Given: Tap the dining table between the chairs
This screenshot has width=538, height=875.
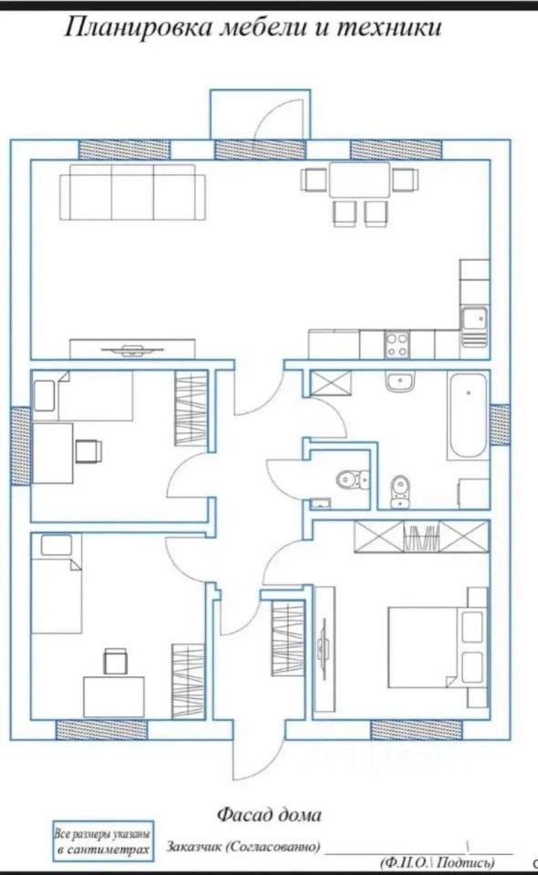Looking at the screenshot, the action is [359, 180].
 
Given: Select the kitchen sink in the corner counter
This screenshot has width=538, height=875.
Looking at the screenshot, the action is [474, 325].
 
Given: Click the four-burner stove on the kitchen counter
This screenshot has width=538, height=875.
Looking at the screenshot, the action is [397, 345].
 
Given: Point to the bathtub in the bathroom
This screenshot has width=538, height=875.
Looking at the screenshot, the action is [468, 417].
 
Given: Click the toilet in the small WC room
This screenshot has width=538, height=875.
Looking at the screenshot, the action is [353, 479].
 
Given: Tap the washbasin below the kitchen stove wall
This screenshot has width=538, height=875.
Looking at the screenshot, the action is [399, 382].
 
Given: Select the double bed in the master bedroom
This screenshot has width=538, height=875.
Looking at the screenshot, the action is [436, 647].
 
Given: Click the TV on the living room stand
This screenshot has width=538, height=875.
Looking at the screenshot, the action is [132, 350].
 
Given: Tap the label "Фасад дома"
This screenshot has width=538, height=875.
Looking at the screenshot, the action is [269, 815].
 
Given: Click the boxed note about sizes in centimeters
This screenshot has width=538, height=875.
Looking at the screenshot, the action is [103, 842].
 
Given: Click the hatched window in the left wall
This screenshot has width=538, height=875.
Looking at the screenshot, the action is [21, 446].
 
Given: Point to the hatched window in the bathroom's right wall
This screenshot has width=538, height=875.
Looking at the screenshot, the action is [500, 425].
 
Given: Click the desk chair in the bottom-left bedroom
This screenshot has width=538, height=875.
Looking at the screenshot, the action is [116, 661].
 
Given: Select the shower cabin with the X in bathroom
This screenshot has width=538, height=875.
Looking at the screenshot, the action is [331, 383].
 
